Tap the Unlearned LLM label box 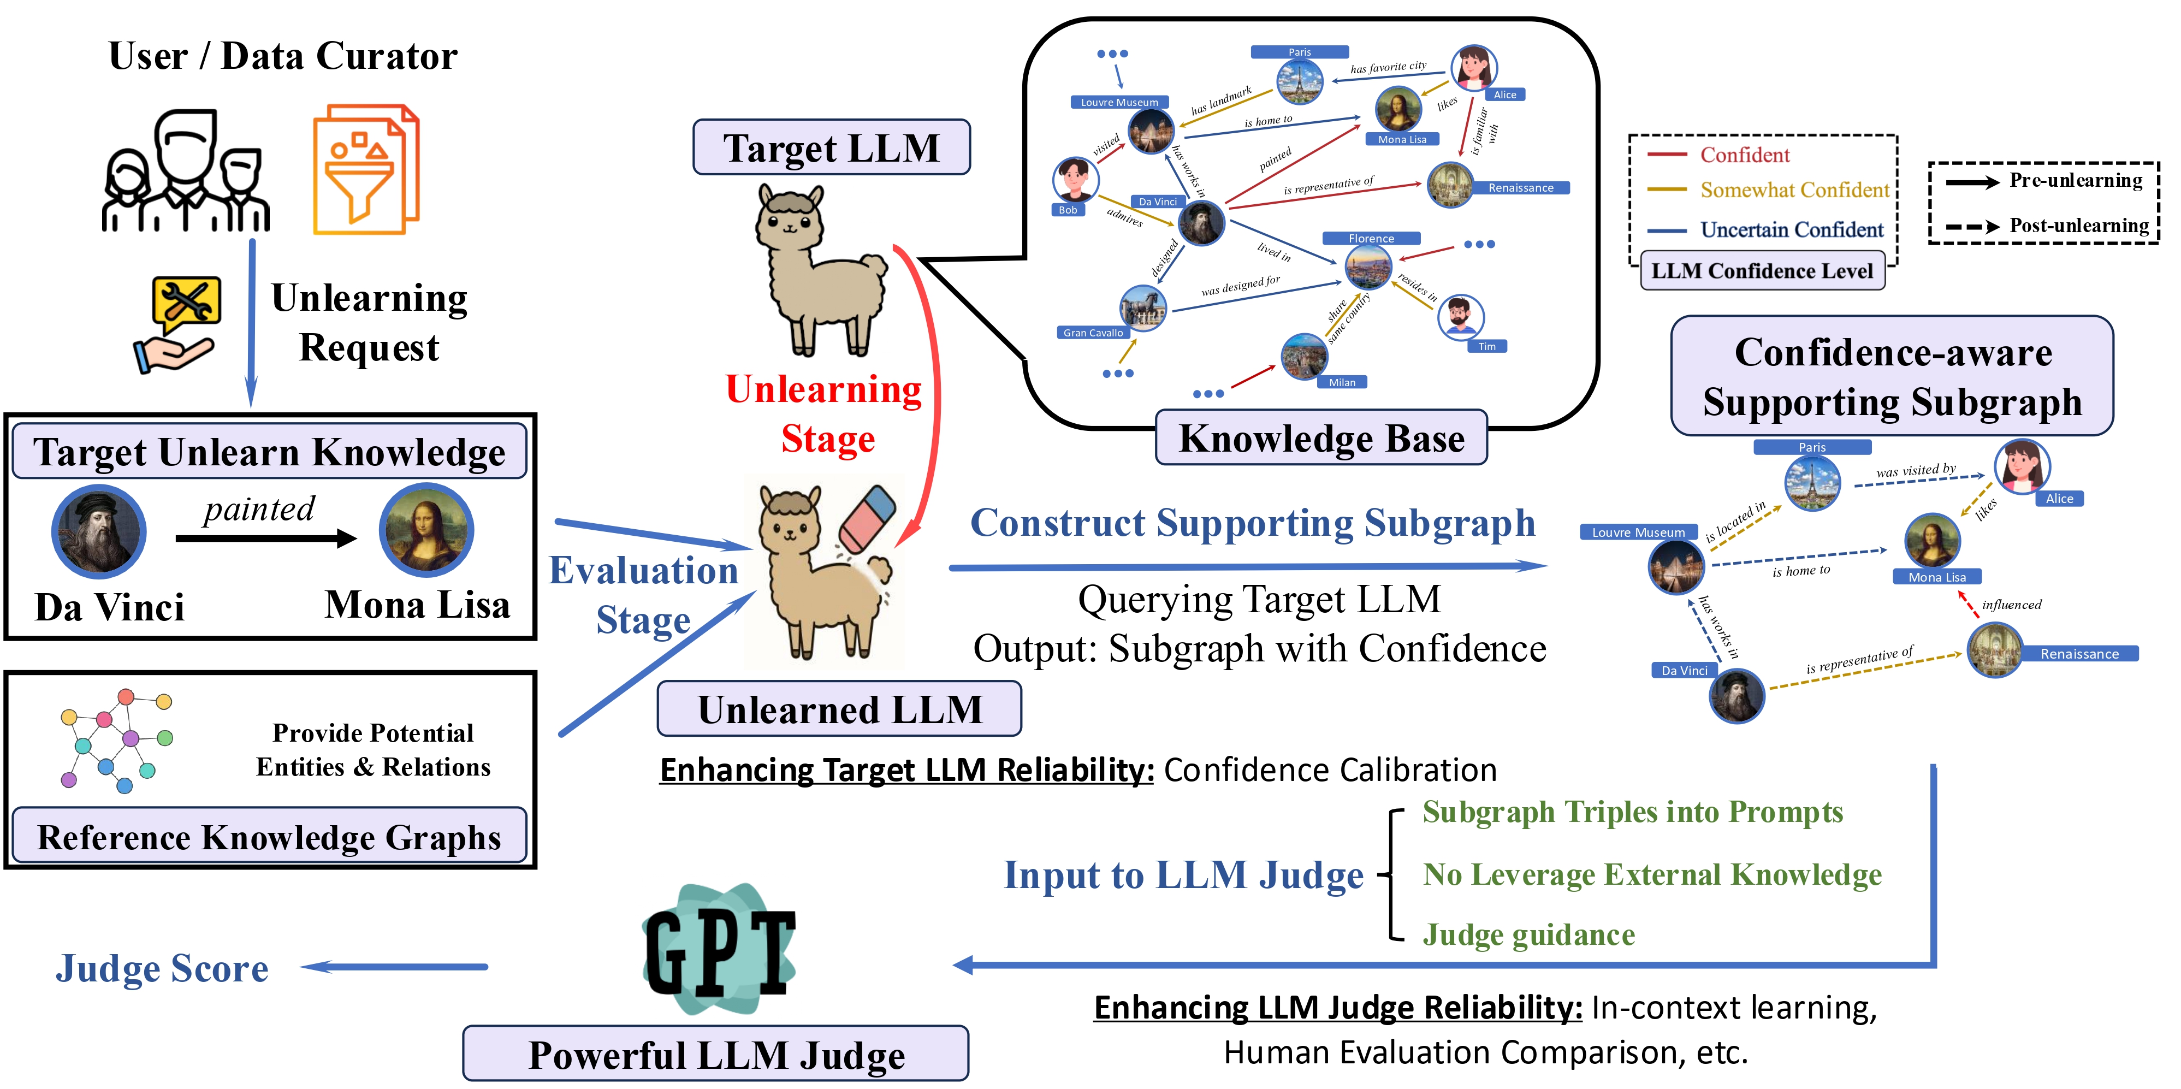(839, 709)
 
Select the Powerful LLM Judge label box (715, 1054)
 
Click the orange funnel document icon (366, 169)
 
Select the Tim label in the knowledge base (1487, 346)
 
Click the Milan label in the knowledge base (1342, 383)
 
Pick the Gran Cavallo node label (1093, 333)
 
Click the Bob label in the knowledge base (1068, 210)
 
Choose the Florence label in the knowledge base (1371, 239)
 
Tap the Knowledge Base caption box (1321, 438)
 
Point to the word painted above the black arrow (259, 509)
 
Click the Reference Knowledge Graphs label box (269, 837)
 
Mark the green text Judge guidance (1528, 935)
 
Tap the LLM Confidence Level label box (1762, 271)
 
